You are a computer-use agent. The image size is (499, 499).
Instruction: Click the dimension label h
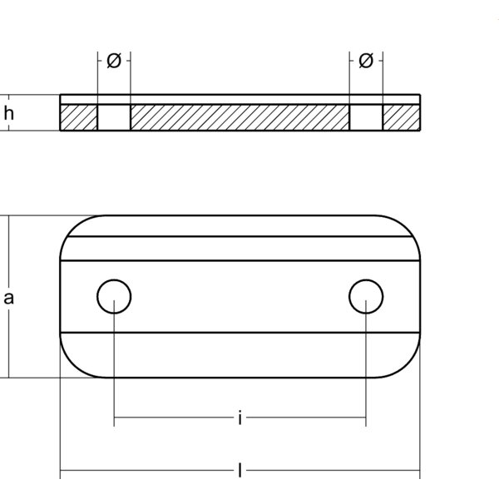(9, 115)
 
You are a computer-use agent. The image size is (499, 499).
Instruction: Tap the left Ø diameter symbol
(115, 61)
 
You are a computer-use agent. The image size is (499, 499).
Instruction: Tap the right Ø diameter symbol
(366, 61)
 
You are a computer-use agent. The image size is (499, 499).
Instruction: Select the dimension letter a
(9, 297)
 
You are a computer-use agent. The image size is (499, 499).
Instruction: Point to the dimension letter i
(240, 419)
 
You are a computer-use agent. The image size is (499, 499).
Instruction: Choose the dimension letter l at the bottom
(240, 472)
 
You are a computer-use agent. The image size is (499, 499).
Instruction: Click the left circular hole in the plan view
(114, 295)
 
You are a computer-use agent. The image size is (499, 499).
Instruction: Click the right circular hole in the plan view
(366, 295)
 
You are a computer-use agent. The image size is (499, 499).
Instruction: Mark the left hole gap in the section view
(114, 116)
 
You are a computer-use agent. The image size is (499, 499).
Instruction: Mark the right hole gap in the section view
(366, 116)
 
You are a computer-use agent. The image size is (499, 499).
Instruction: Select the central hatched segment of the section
(240, 116)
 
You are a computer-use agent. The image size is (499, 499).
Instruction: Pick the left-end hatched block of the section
(78, 116)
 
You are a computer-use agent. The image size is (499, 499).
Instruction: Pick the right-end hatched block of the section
(402, 116)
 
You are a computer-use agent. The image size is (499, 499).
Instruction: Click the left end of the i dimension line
(115, 419)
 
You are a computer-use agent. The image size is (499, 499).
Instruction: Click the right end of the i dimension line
(366, 419)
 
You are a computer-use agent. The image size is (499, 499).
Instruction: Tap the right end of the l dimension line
(420, 472)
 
